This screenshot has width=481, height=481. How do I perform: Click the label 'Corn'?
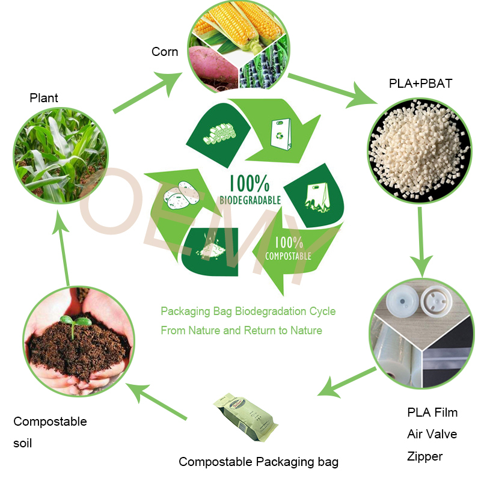coord(165,52)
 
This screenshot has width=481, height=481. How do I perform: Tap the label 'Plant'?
coord(44,97)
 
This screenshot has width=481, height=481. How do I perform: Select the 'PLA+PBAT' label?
coord(420,84)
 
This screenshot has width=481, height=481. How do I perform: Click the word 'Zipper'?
coord(424,456)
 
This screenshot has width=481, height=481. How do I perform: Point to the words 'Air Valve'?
coord(432,434)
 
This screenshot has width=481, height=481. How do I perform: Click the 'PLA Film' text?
coord(432,412)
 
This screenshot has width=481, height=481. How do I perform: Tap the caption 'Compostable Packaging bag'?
coord(259,462)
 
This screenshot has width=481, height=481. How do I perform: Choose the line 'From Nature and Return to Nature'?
coord(241,330)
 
